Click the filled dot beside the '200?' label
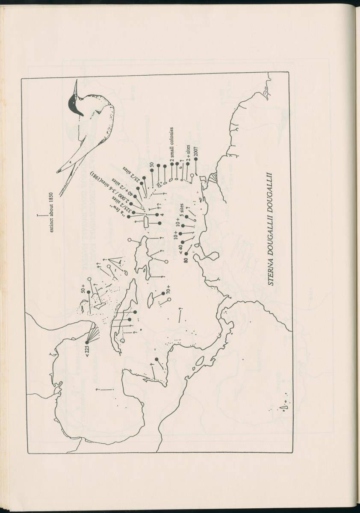pyautogui.click(x=196, y=159)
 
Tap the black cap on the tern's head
pyautogui.click(x=74, y=104)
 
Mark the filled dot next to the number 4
pyautogui.click(x=157, y=215)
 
